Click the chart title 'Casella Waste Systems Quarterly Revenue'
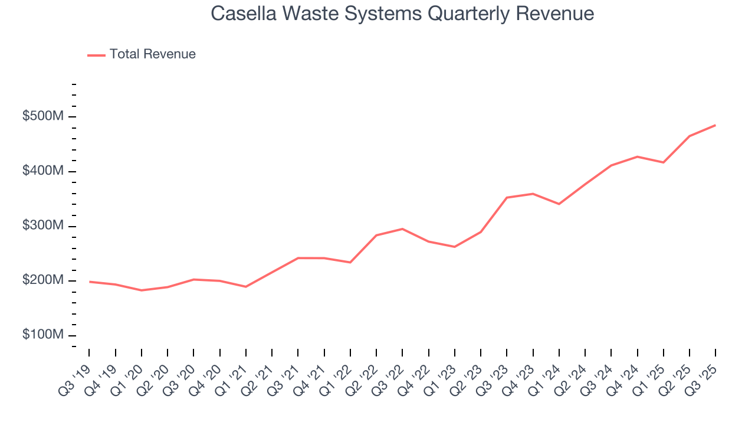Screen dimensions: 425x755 (x=402, y=14)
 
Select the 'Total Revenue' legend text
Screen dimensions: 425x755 (x=152, y=54)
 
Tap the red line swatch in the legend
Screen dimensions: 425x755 (x=96, y=55)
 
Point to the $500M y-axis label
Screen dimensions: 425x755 (x=42, y=116)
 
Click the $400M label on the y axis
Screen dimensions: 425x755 (x=42, y=171)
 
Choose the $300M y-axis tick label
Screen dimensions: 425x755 (x=42, y=226)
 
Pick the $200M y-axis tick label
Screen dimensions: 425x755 (x=42, y=280)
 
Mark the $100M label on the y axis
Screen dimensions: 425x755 (x=42, y=335)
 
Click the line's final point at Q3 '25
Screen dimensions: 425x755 (x=715, y=125)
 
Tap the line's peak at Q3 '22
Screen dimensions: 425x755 (x=402, y=228)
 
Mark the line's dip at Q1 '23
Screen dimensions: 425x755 (x=454, y=247)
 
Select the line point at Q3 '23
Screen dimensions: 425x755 (x=507, y=197)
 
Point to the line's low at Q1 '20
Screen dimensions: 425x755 (x=142, y=290)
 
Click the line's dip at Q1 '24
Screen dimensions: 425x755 (x=559, y=204)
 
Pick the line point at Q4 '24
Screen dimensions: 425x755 (x=637, y=156)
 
